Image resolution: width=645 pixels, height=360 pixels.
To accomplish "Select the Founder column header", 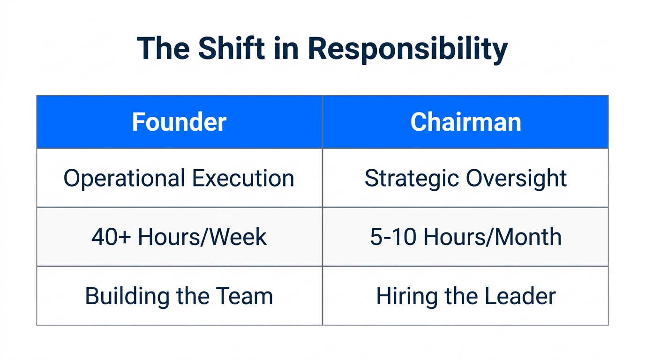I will click(179, 122).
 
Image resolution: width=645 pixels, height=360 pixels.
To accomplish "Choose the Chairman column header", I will click(465, 122).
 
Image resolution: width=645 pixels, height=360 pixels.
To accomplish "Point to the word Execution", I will click(243, 179).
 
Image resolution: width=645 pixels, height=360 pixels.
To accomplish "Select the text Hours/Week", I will click(202, 237).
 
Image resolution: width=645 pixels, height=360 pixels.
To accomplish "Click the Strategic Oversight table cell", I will click(465, 178).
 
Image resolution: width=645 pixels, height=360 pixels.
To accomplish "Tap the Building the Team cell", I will click(179, 296).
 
